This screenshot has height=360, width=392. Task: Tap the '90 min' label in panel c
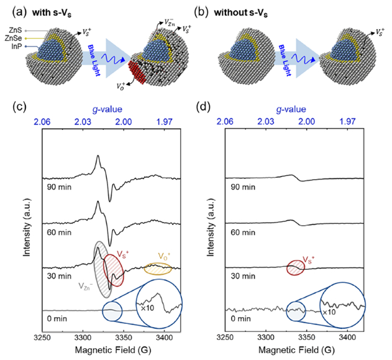(58, 185)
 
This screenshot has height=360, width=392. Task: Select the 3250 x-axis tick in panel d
(224, 336)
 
